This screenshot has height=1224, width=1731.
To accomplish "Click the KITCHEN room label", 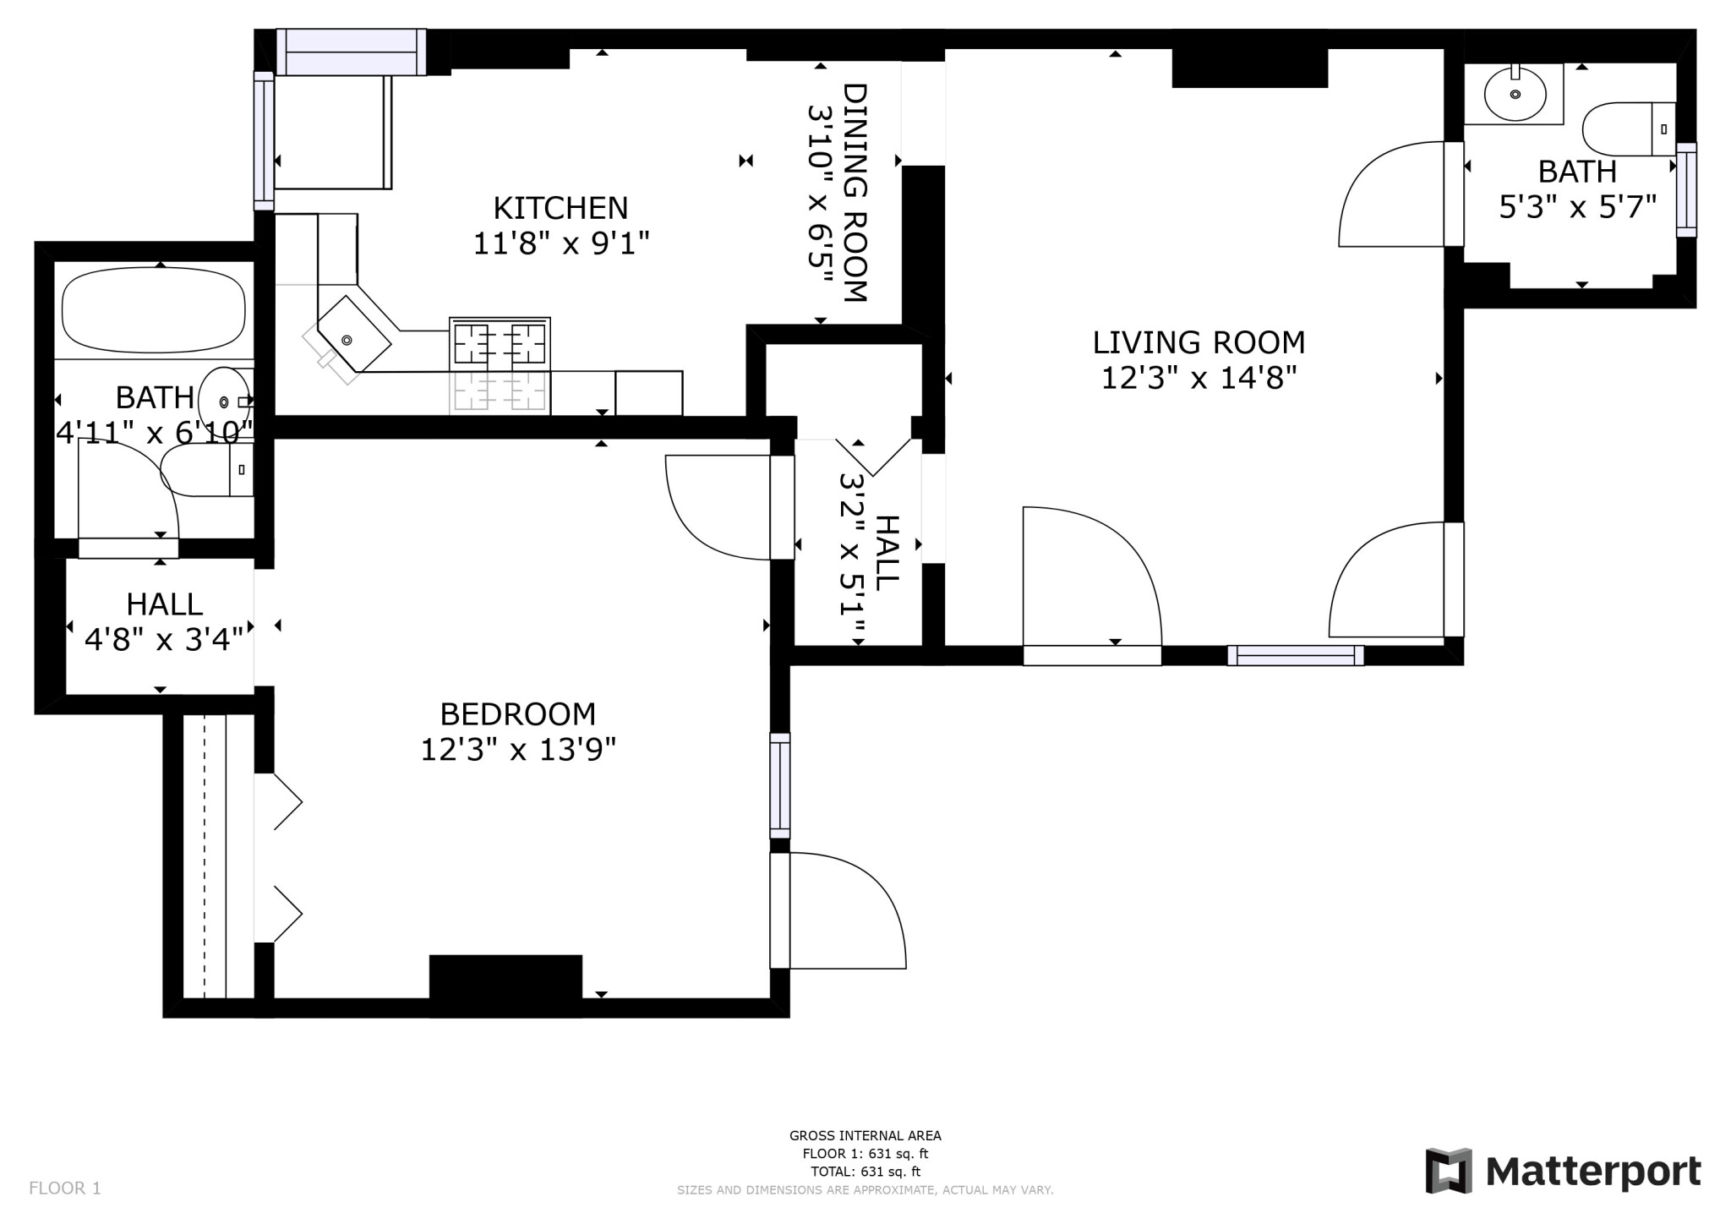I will coord(560,208).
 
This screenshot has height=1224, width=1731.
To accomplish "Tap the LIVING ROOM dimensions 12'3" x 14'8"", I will coord(1199,378).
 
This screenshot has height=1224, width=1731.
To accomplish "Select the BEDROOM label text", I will coord(517,714).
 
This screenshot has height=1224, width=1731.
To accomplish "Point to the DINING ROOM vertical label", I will coord(855,193).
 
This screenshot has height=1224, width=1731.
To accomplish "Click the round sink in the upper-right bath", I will coord(1515,95).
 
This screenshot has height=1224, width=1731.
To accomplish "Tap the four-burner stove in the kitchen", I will coord(500,344).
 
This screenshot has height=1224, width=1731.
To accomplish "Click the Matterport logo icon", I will coord(1449,1171).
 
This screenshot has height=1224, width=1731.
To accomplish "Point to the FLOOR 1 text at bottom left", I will coord(65,1188).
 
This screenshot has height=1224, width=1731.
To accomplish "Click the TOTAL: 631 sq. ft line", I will coord(865,1172).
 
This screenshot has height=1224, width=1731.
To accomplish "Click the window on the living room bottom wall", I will coord(1295,655).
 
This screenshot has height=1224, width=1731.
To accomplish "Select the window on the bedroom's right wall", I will coord(779,785).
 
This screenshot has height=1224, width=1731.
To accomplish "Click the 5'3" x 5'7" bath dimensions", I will coord(1576,207).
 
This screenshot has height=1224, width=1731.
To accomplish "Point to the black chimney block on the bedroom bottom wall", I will coord(505,977).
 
